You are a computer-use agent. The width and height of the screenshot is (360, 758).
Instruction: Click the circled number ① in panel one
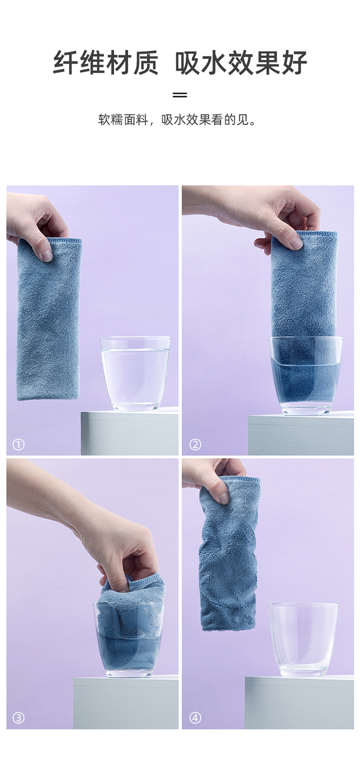(x=18, y=444)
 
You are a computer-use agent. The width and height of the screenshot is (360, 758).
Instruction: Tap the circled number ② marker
(x=195, y=444)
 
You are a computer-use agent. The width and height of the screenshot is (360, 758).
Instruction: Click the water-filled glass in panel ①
(x=135, y=374)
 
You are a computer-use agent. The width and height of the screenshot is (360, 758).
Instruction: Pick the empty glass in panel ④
(x=303, y=640)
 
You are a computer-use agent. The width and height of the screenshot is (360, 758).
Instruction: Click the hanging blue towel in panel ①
(x=48, y=319)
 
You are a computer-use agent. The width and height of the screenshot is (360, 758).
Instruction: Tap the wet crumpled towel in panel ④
(x=229, y=554)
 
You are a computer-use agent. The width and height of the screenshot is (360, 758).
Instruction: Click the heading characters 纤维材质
(x=106, y=63)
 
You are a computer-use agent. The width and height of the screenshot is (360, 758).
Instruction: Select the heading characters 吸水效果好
(x=241, y=63)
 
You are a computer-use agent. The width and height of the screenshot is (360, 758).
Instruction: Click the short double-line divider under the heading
(x=180, y=95)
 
